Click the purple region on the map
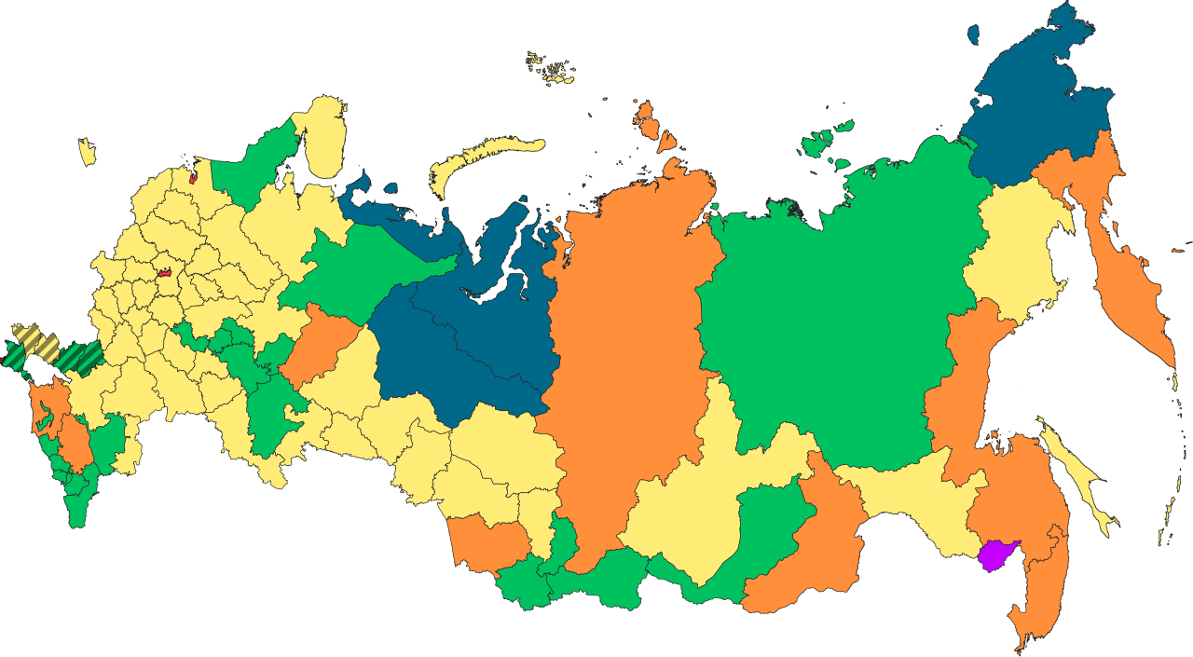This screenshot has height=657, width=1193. point(997,553)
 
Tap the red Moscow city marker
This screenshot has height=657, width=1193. point(165,274)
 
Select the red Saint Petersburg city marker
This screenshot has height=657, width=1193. point(193,175)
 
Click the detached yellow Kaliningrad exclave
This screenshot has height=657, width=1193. point(87,152)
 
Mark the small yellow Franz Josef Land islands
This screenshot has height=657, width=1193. point(552,69)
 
